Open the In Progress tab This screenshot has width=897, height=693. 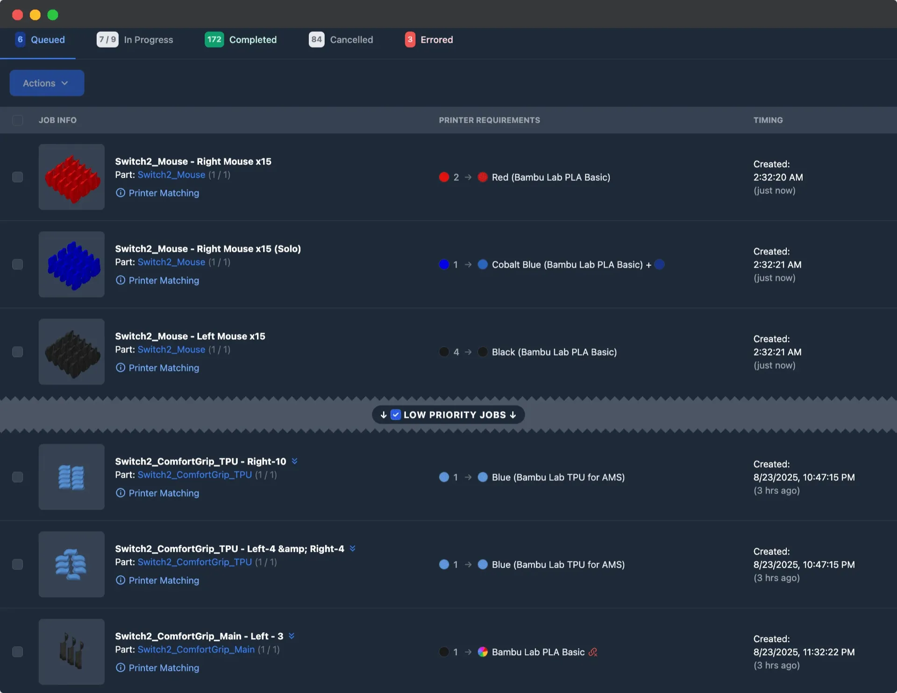[x=135, y=40]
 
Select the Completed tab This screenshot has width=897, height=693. [x=241, y=40]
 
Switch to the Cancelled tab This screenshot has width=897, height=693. [x=341, y=40]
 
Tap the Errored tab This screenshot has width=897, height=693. [x=429, y=40]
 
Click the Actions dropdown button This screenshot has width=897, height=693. [x=47, y=83]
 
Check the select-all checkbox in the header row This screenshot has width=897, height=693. [x=17, y=120]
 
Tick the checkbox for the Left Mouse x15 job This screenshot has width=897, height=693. [x=17, y=352]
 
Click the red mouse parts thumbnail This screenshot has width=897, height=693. [x=71, y=177]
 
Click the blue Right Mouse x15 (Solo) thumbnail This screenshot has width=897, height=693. [x=71, y=264]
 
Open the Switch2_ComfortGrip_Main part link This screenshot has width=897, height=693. [x=196, y=650]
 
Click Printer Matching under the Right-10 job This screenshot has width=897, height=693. [x=164, y=493]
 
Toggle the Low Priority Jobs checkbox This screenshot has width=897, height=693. [x=396, y=415]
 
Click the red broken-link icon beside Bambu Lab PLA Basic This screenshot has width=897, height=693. [x=593, y=652]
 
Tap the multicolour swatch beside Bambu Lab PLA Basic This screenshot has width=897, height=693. [x=483, y=652]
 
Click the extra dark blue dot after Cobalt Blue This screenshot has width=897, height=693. [x=660, y=264]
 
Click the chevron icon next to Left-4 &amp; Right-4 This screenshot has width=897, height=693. [x=353, y=549]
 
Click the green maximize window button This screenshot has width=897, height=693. [x=53, y=15]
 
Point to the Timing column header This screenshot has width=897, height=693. [x=768, y=120]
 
